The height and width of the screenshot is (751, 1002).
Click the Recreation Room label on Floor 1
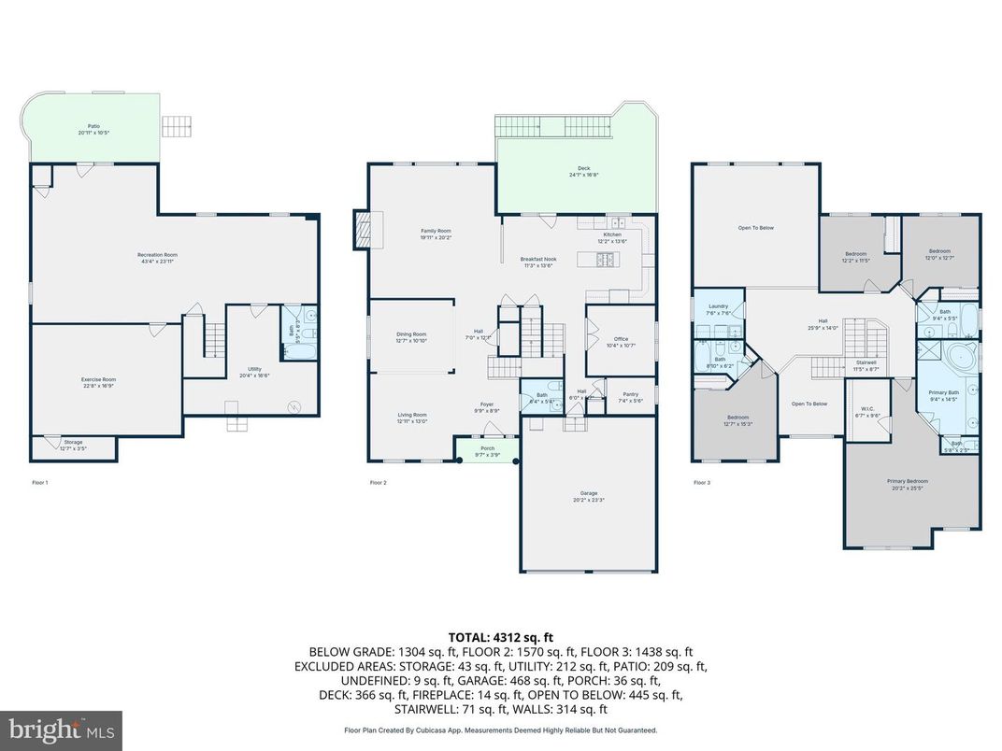pos(157,257)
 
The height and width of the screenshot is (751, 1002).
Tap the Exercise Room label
pos(98,381)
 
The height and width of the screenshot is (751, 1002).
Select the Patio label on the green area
pos(94,129)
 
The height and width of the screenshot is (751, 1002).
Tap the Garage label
pos(588,496)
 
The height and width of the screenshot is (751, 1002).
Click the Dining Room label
pos(411,336)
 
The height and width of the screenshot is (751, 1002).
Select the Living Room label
pos(412,418)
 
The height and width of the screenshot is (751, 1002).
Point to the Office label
pos(620,342)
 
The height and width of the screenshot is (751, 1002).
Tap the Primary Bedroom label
pos(907,483)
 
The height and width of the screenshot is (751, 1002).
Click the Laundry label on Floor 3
pos(718,308)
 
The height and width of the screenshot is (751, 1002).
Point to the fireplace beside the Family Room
pos(363,230)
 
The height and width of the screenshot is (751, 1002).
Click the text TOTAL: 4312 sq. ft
pos(501,635)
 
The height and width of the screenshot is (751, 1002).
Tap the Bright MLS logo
pos(62,729)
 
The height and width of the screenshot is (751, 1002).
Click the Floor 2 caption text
pos(378,483)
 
